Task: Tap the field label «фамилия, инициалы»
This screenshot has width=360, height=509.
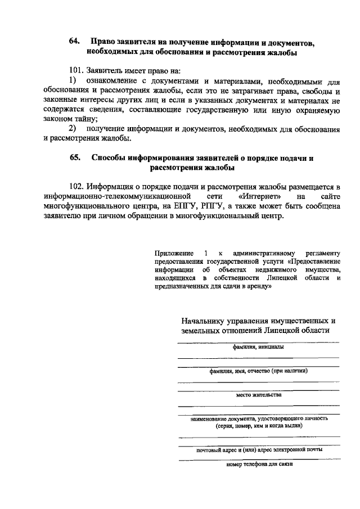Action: (x=258, y=347)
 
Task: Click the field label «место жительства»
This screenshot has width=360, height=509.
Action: (x=258, y=395)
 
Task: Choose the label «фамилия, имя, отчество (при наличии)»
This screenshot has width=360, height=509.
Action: (x=258, y=371)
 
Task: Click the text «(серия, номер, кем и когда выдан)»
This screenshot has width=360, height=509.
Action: (x=259, y=426)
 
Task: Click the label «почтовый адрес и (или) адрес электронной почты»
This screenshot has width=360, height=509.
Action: (x=259, y=450)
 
